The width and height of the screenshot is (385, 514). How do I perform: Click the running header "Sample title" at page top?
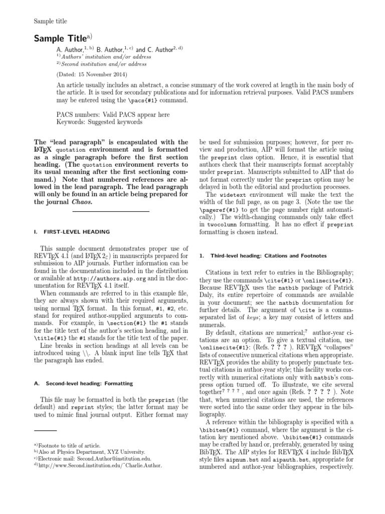(50, 21)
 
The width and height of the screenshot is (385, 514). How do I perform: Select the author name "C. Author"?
(157, 50)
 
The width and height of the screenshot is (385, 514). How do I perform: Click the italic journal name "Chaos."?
(80, 202)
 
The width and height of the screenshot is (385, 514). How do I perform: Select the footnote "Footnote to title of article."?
(69, 445)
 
